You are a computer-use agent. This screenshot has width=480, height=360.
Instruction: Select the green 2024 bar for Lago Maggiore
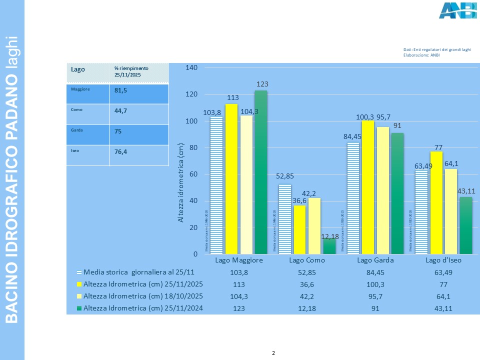(260, 172)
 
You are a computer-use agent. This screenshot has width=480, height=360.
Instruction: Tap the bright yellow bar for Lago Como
(299, 229)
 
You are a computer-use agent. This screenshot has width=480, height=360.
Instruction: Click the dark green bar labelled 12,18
(329, 246)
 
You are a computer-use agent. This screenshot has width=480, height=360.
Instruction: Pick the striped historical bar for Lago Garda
(353, 198)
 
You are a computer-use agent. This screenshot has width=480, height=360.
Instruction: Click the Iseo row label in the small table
(76, 149)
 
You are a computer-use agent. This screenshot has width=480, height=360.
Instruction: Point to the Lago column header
(78, 69)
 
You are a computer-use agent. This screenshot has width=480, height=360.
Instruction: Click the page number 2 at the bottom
(273, 353)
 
